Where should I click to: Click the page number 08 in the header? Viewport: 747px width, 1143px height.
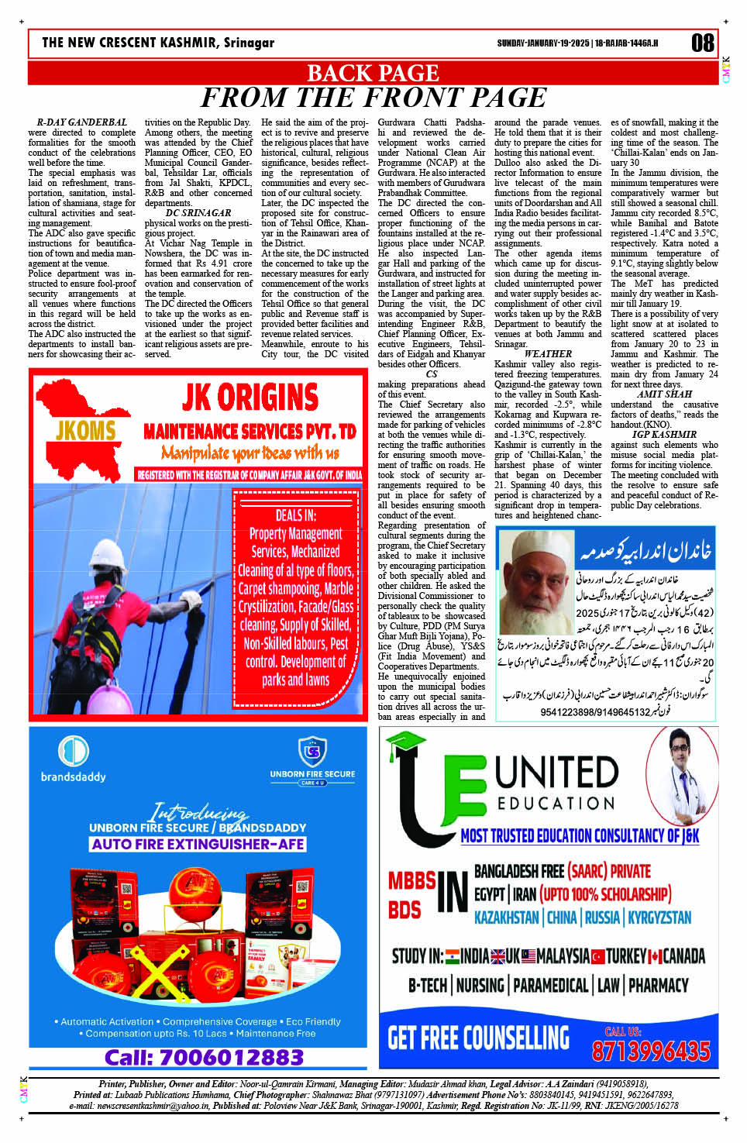click(703, 43)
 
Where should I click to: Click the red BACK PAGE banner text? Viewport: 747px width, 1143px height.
click(373, 73)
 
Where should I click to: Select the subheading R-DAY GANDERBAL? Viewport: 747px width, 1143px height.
click(81, 122)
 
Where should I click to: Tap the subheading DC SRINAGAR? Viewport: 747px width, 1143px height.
click(198, 213)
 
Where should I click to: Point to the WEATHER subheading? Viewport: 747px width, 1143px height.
click(548, 354)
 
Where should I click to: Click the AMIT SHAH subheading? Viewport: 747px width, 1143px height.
click(664, 394)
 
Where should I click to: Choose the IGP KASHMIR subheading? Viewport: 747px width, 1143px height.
click(664, 435)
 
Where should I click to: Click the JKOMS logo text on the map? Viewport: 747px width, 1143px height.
click(85, 431)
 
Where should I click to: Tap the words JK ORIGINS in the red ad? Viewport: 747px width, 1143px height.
click(250, 398)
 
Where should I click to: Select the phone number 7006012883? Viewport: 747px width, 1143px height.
click(204, 1058)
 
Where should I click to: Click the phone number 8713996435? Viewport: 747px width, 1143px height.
click(651, 1051)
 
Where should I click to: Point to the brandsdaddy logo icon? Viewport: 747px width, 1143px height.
click(74, 752)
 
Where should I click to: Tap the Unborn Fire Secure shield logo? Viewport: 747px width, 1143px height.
click(312, 752)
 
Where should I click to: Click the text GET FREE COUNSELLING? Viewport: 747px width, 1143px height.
click(478, 1038)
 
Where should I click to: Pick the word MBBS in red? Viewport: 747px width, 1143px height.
click(411, 881)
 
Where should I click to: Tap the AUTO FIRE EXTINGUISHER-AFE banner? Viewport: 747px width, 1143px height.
click(198, 844)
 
